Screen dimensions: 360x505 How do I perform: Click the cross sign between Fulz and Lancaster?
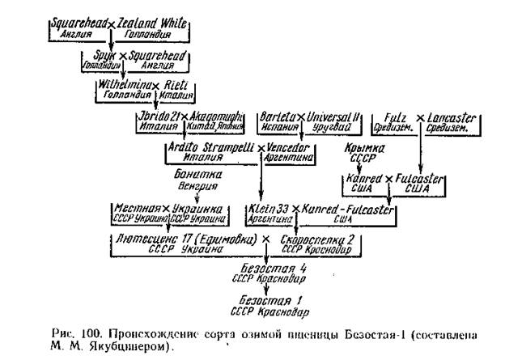420,119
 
